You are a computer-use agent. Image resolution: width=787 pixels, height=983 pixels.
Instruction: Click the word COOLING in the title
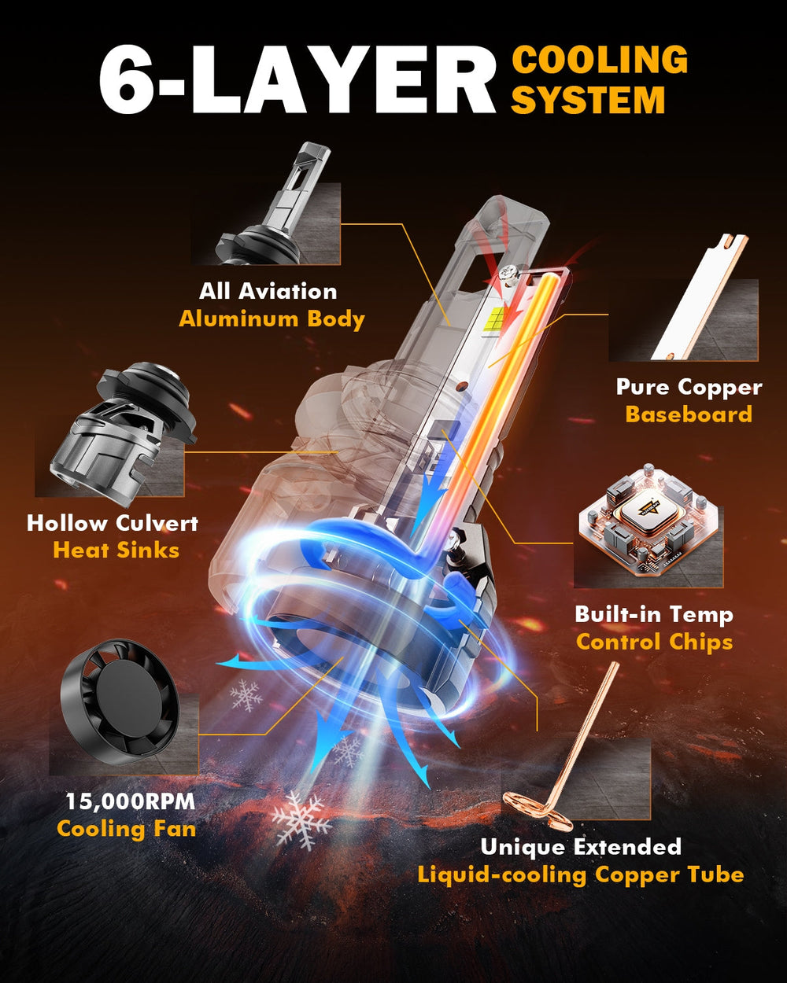[600, 60]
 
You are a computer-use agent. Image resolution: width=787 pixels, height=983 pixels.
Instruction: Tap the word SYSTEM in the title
[588, 100]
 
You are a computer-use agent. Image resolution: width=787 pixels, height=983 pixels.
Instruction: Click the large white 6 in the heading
[128, 79]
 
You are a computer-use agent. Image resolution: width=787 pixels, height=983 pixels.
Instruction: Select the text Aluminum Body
[272, 318]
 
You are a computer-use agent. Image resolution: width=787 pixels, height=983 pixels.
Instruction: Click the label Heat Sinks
[116, 550]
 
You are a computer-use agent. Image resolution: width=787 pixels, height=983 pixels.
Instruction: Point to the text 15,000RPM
[131, 801]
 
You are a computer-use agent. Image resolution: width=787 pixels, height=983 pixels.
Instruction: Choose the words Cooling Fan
[127, 829]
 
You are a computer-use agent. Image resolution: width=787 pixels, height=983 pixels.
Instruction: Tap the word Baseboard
[689, 414]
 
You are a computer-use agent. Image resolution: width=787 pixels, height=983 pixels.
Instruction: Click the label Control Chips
[654, 642]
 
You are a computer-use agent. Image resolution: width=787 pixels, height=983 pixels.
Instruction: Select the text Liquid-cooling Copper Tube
[581, 875]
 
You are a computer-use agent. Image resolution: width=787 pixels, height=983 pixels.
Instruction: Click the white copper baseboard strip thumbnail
[700, 297]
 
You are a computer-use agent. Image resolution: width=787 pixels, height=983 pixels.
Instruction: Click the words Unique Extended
[581, 846]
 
